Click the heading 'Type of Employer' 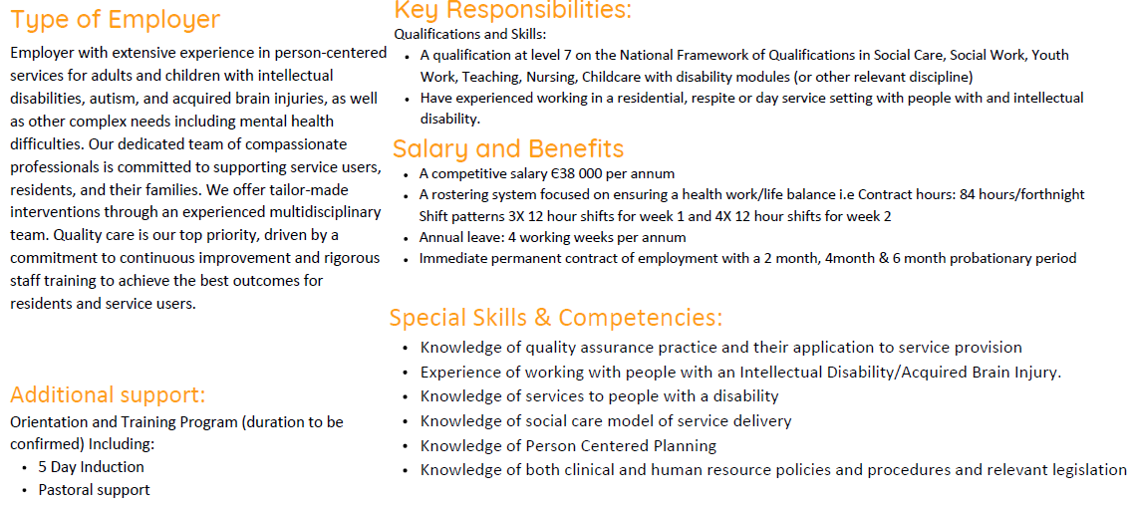(115, 20)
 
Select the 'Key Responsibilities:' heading (512, 10)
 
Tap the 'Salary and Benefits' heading (508, 148)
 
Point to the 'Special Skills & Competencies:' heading (556, 318)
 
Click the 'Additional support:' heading (108, 394)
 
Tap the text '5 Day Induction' (91, 467)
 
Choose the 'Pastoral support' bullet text (94, 490)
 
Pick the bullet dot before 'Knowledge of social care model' (405, 422)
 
